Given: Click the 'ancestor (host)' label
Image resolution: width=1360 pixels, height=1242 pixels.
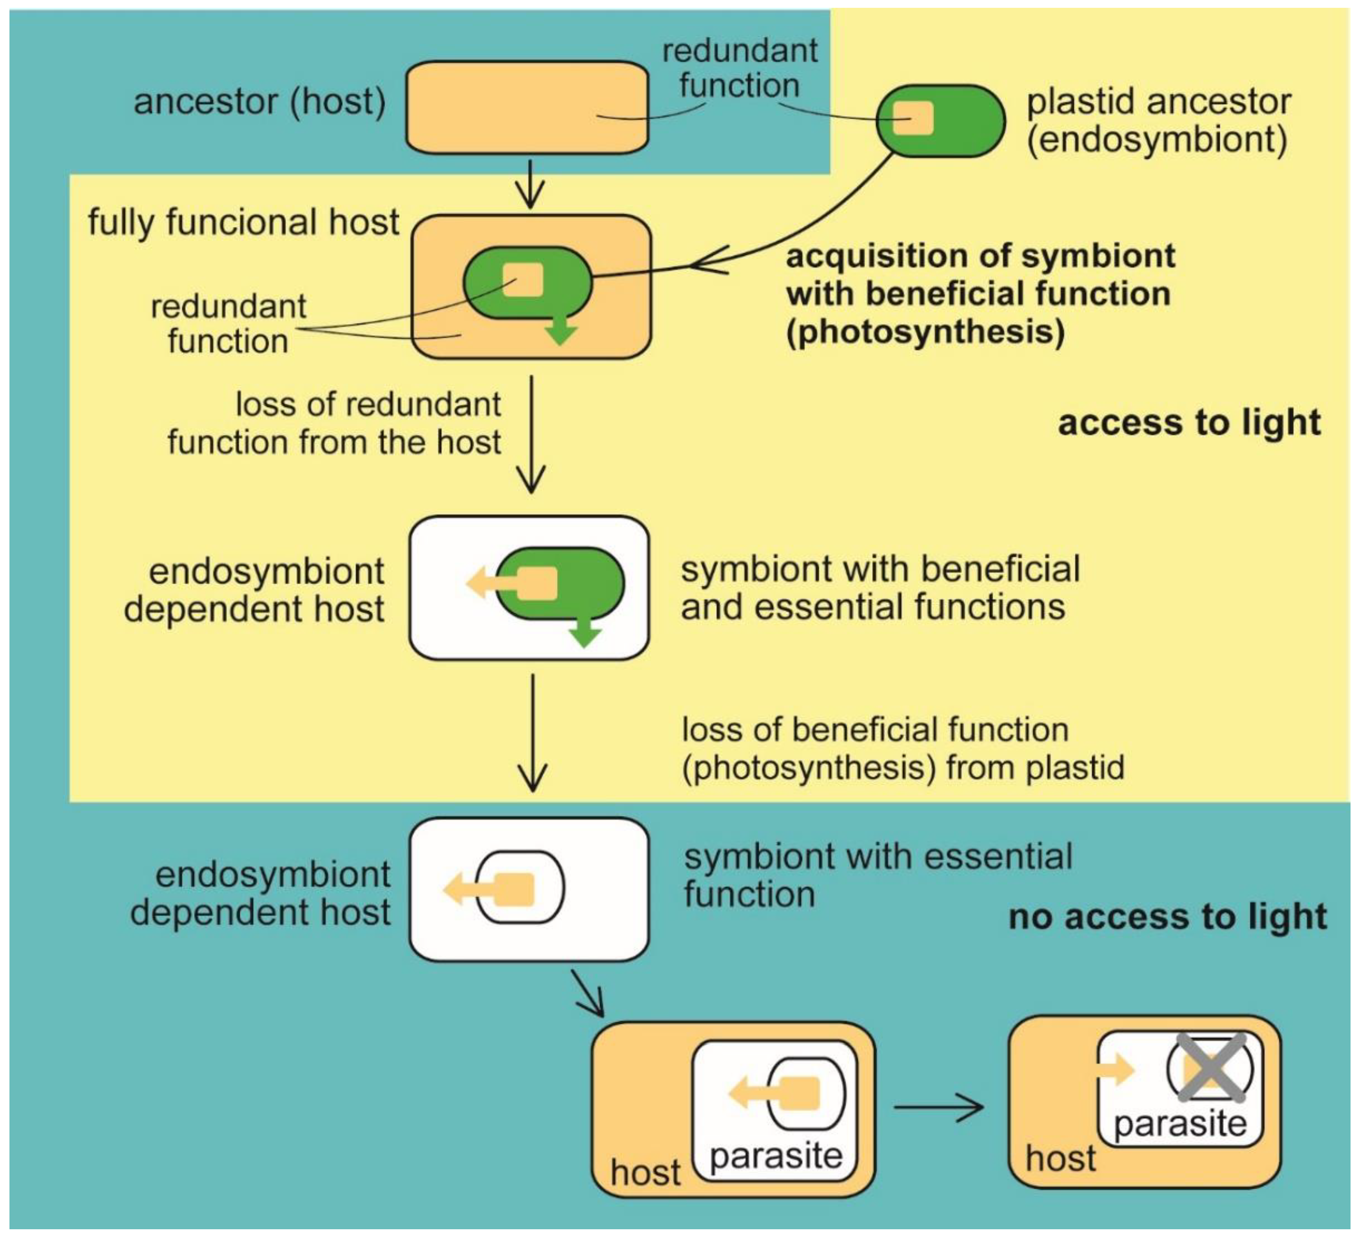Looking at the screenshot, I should pos(260,102).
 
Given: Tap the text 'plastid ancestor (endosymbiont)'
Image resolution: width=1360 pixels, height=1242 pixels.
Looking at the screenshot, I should pos(1158,121).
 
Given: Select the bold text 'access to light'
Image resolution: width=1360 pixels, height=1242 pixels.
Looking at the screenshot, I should pos(1188,423).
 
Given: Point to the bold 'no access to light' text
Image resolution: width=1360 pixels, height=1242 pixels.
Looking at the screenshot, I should pos(1167,917).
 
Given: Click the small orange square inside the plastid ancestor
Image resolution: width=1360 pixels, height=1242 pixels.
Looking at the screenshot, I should pos(913,119).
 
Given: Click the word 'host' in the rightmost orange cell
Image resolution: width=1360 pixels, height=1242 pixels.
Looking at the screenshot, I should pos(1061,1159).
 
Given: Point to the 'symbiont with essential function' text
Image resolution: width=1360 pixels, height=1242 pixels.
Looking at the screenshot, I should pos(877,875).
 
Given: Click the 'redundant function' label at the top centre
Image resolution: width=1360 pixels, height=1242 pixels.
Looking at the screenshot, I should pos(739,69).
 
